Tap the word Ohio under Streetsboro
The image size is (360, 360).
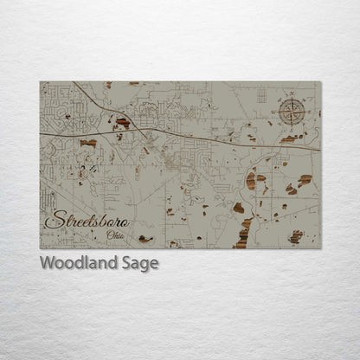pos(112,235)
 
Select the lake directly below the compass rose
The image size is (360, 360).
pos(291,138)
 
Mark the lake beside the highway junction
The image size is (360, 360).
pos(123,124)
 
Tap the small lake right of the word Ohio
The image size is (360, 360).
pos(145,239)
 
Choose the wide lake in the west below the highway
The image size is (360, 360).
pos(87,144)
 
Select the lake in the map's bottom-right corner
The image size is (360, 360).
pos(296,235)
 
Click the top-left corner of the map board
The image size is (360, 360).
pos(41,82)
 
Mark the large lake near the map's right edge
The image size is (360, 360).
pos(305,181)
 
